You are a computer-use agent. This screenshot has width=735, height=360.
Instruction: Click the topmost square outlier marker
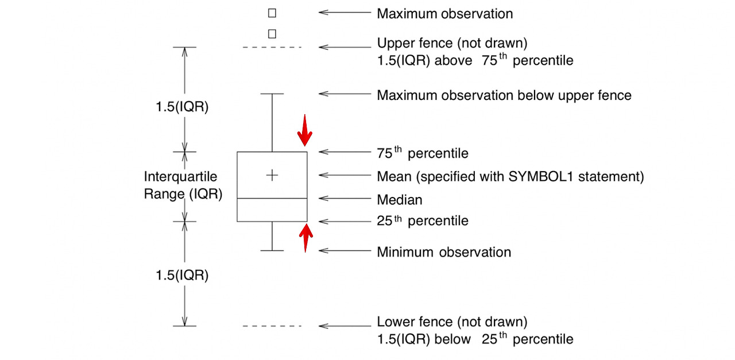[x=272, y=12]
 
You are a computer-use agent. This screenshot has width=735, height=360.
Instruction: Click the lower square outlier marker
[x=272, y=34]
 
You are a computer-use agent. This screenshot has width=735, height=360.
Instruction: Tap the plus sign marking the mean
[x=272, y=175]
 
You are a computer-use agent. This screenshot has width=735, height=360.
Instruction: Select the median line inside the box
[x=272, y=198]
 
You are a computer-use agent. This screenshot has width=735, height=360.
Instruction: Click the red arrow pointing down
[x=304, y=130]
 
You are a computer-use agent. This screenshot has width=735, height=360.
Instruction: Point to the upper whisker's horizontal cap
[x=272, y=93]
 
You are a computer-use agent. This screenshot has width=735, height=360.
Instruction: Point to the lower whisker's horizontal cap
[x=272, y=250]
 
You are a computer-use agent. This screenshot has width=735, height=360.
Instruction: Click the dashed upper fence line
[x=272, y=47]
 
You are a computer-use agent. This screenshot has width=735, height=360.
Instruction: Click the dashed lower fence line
[x=272, y=326]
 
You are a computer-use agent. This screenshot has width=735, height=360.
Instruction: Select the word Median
[x=399, y=200]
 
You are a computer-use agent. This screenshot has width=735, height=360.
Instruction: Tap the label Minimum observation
[x=443, y=251]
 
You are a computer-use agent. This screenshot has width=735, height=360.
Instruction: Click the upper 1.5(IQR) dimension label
[x=182, y=107]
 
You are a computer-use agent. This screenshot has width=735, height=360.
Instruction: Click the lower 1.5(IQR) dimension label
[x=182, y=275]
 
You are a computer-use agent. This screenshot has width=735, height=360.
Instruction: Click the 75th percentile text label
[x=422, y=153]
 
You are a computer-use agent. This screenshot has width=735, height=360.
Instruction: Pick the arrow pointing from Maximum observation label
[x=345, y=12]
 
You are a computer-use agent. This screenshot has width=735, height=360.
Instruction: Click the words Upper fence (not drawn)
[x=452, y=43]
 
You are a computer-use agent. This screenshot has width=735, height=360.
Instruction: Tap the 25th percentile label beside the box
[x=422, y=220]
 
